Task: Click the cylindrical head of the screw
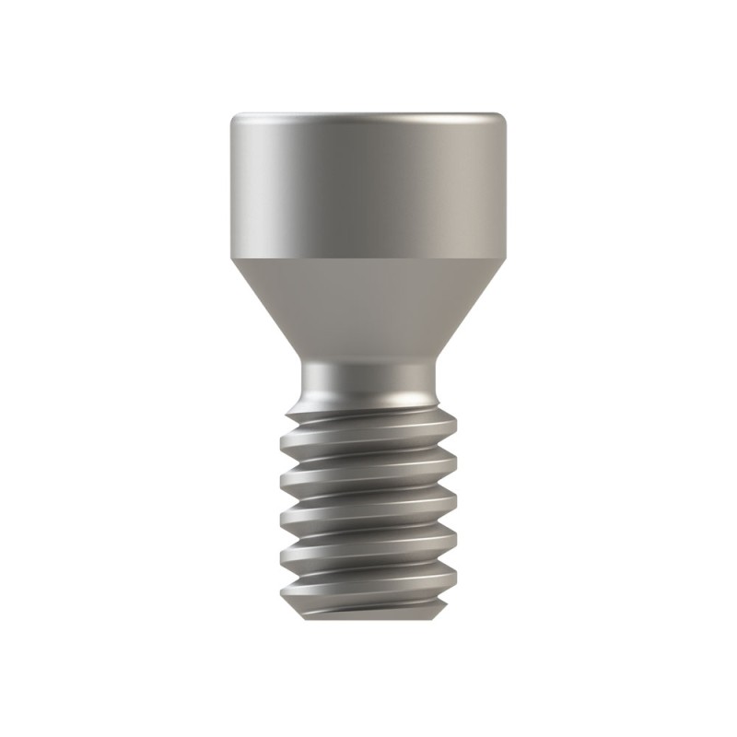(x=368, y=184)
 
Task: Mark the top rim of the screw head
(x=368, y=113)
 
